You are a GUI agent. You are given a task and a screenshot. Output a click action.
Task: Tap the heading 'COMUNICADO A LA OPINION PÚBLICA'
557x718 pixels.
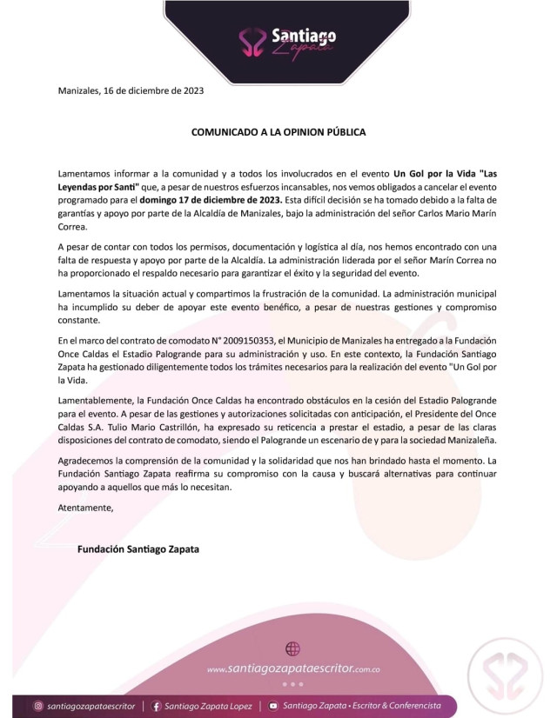[278, 132]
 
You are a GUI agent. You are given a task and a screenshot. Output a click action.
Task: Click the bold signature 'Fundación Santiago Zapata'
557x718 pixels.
[138, 548]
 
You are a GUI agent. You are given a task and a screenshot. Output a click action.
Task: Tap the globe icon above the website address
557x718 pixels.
[292, 648]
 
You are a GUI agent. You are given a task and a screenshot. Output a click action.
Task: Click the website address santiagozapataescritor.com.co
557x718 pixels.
[294, 669]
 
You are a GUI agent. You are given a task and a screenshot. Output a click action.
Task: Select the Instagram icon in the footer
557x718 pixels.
[38, 706]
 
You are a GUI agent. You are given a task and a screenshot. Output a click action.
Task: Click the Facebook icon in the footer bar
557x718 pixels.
[157, 706]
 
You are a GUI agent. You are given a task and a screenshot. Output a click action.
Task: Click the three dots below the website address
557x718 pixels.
[292, 683]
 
